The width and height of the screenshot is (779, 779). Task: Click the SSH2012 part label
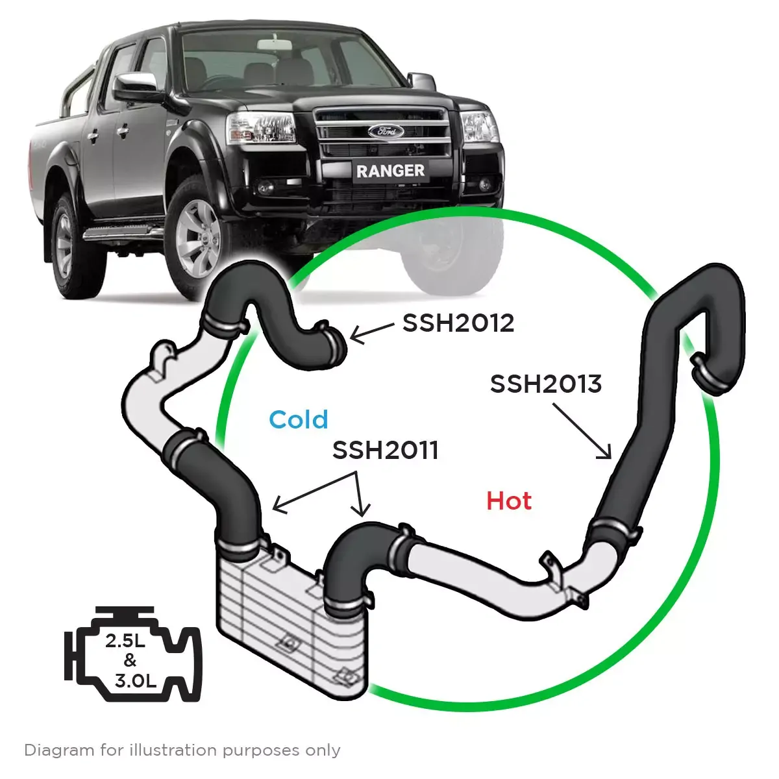tap(458, 323)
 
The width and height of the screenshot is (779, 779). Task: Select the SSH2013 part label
tap(545, 384)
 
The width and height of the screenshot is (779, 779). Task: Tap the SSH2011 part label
tap(385, 450)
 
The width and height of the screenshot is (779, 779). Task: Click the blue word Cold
tap(299, 419)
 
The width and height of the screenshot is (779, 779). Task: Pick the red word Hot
tap(509, 501)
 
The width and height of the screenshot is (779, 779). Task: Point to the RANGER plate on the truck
tap(390, 171)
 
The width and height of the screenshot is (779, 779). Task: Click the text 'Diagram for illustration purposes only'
tap(182, 750)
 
